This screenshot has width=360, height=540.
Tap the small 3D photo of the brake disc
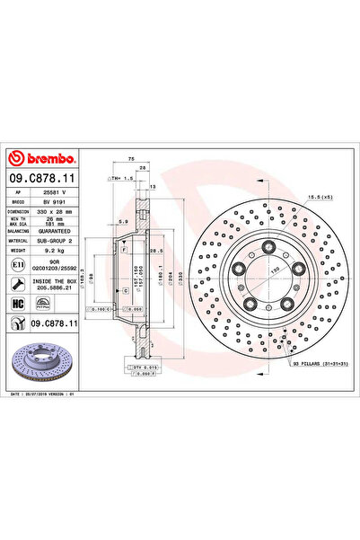click(x=45, y=365)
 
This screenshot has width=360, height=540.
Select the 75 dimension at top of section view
click(x=131, y=158)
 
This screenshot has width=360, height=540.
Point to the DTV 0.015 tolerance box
click(x=142, y=367)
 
